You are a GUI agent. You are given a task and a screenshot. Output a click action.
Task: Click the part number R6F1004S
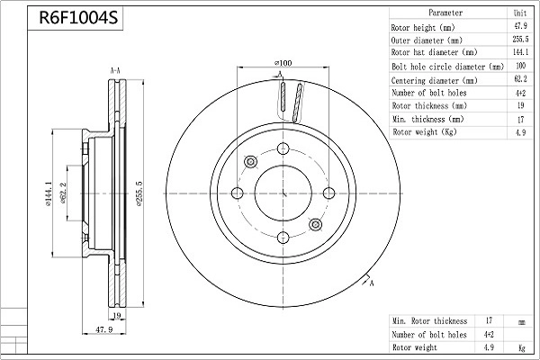[x=78, y=17]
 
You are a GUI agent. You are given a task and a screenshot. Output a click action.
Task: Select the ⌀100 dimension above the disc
[x=283, y=63]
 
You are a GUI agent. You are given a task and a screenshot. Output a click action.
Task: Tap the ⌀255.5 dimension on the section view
[x=139, y=193]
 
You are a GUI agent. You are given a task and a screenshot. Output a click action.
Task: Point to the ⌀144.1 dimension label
[x=48, y=194]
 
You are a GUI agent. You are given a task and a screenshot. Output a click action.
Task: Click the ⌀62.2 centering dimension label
[x=63, y=193]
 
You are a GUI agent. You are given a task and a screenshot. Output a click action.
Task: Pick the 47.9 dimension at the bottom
[x=104, y=329]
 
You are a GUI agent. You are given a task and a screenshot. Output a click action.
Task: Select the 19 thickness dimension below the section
[x=117, y=315]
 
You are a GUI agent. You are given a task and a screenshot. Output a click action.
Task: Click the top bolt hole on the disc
[x=283, y=148]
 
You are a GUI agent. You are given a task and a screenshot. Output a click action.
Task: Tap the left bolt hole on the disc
[x=238, y=193]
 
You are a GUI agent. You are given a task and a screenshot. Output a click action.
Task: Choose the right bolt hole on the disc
[x=328, y=193]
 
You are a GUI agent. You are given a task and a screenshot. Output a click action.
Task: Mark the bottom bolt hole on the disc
[x=283, y=238]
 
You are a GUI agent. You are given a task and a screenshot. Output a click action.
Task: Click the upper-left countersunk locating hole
[x=251, y=162]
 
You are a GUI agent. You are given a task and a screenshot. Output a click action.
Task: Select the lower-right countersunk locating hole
[x=316, y=225]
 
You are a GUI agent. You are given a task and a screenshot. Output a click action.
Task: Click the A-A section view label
[x=115, y=71]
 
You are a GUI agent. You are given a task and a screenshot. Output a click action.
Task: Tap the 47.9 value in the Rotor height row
[x=520, y=26]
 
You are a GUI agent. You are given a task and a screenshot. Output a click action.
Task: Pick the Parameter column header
[x=445, y=13]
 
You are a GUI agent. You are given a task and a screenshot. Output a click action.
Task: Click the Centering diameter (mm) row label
[x=435, y=81]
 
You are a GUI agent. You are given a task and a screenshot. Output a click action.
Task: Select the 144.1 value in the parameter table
[x=520, y=52]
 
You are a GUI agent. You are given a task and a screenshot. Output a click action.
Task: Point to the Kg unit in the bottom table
[x=522, y=348]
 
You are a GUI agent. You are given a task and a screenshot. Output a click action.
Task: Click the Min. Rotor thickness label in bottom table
[x=430, y=321]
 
